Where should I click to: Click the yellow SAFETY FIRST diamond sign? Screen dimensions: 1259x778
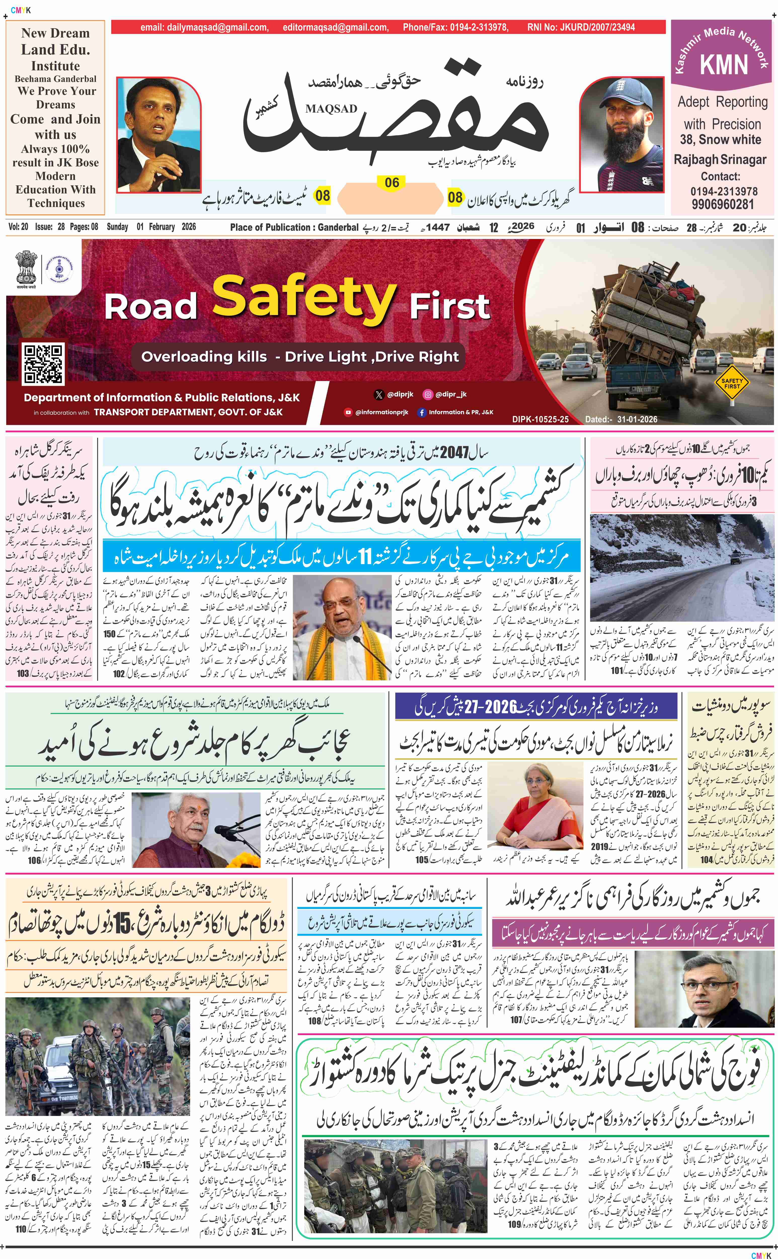(732, 383)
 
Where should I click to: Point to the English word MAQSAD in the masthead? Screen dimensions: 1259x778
(331, 109)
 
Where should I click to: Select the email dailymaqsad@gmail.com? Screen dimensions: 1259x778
(204, 27)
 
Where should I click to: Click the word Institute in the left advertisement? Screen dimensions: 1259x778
(56, 66)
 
